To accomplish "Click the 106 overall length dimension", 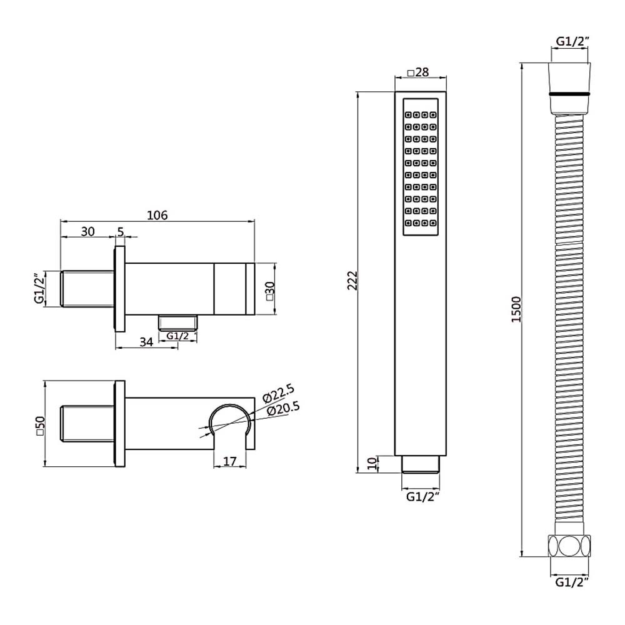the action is [157, 215].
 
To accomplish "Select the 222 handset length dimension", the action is [352, 280].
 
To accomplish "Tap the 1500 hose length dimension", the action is [516, 309].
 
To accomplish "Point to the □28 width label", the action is [417, 72].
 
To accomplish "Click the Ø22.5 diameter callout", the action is [278, 392].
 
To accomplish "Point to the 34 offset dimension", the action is [146, 342].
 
